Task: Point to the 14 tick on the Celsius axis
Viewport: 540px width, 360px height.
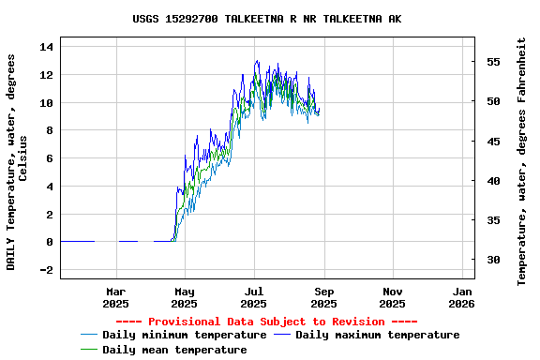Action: coord(47,46)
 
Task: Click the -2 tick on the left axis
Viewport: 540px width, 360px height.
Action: coord(47,270)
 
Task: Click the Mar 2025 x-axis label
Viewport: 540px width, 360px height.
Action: coord(115,297)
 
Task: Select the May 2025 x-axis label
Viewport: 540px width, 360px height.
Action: coord(185,297)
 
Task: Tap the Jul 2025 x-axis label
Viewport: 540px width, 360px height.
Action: coord(254,297)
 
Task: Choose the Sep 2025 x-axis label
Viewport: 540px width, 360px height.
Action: coord(323,297)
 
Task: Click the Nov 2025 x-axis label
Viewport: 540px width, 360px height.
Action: coord(393,297)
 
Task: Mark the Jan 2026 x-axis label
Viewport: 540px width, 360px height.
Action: coord(461,297)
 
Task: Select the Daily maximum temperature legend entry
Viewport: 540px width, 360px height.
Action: coord(377,335)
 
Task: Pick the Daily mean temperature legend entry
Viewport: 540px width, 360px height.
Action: coord(174,350)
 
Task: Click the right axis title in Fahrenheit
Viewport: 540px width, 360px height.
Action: coord(522,161)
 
